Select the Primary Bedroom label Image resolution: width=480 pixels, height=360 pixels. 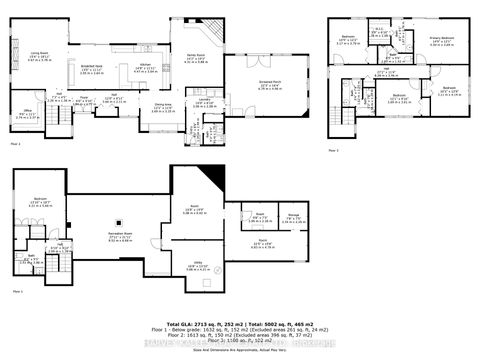tap(444, 41)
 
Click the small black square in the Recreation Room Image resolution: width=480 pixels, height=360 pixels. tap(118, 222)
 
